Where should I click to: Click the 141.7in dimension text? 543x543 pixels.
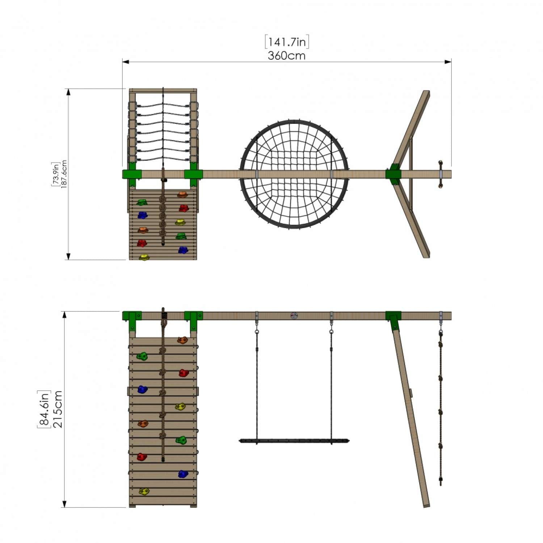click(x=287, y=42)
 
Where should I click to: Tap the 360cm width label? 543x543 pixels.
click(x=287, y=56)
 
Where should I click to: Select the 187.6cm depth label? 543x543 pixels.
click(x=64, y=175)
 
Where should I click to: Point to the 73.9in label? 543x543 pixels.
click(x=55, y=174)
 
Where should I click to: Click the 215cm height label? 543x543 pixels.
click(x=58, y=409)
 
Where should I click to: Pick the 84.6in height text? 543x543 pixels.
click(x=44, y=409)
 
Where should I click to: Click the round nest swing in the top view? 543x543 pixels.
click(x=294, y=174)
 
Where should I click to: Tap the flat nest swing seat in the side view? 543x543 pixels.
click(x=294, y=441)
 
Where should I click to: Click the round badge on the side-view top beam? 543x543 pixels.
click(x=294, y=316)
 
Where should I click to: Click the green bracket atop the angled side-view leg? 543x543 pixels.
click(x=393, y=319)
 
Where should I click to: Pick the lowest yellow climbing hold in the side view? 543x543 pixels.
click(x=144, y=491)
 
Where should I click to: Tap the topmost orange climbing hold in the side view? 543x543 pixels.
click(x=182, y=340)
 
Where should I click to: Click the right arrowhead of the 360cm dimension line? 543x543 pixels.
click(x=449, y=62)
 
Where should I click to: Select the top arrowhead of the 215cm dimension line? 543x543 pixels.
click(x=65, y=314)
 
